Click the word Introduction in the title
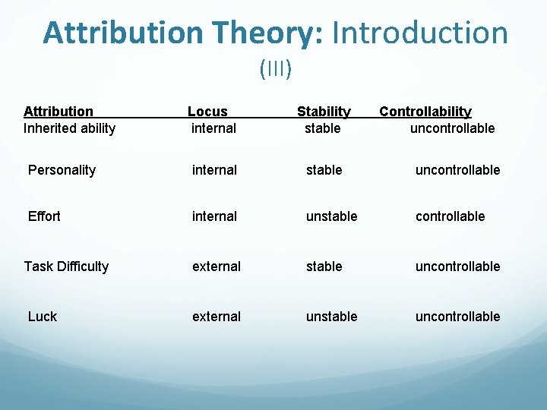420,33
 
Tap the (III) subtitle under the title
275,69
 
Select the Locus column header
207,112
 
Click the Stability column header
324,112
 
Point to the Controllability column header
425,112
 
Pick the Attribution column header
58,112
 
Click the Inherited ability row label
69,128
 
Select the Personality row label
62,170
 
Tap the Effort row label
44,216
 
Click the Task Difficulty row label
66,266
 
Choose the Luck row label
43,317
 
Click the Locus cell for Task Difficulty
217,266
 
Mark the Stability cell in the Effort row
331,216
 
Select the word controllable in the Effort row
450,216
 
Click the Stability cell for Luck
331,317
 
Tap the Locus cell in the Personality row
214,170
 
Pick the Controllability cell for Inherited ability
452,128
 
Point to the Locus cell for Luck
217,317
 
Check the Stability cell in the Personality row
324,170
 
